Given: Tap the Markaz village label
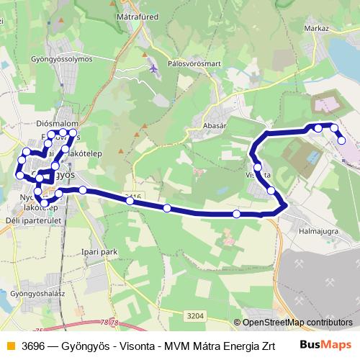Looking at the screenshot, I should pyautogui.click(x=316, y=27).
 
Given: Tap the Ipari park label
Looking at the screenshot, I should pyautogui.click(x=99, y=252).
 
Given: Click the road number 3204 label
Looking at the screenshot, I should pyautogui.click(x=195, y=315).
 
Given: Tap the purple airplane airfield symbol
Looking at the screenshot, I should pyautogui.click(x=153, y=68).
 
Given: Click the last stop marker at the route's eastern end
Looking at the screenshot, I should pyautogui.click(x=341, y=140).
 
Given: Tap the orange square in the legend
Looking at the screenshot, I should pyautogui.click(x=9, y=345).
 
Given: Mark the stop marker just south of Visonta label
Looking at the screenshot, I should pyautogui.click(x=271, y=191).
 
